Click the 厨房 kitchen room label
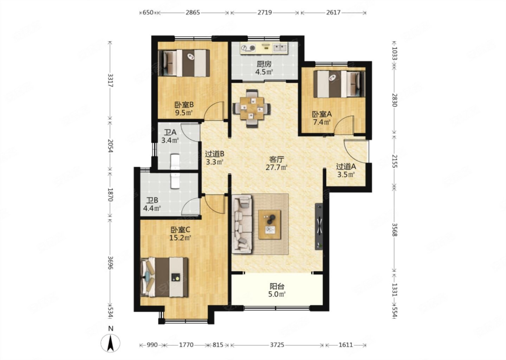(x=264, y=64)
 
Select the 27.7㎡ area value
(x=276, y=167)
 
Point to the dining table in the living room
(x=252, y=109)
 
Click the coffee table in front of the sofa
(x=270, y=224)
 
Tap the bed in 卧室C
(x=164, y=277)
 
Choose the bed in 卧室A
(x=339, y=84)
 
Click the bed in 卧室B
(x=184, y=63)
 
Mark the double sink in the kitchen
(x=280, y=48)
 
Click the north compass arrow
(x=110, y=343)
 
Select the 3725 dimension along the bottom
(x=277, y=345)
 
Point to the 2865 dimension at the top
(x=193, y=12)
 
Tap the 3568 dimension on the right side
(x=394, y=230)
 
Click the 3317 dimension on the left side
(x=110, y=80)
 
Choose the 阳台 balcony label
(x=277, y=287)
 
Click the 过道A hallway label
(x=346, y=167)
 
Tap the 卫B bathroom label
(x=152, y=200)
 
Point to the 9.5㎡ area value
(x=184, y=112)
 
